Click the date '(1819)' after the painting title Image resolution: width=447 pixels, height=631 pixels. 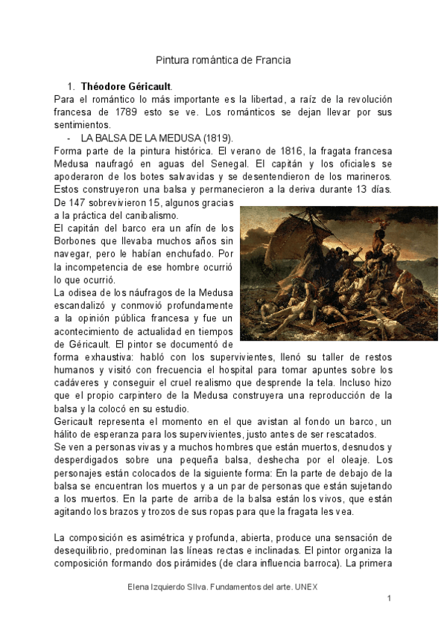pos(217,138)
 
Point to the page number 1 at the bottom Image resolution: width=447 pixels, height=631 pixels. pos(389,598)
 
